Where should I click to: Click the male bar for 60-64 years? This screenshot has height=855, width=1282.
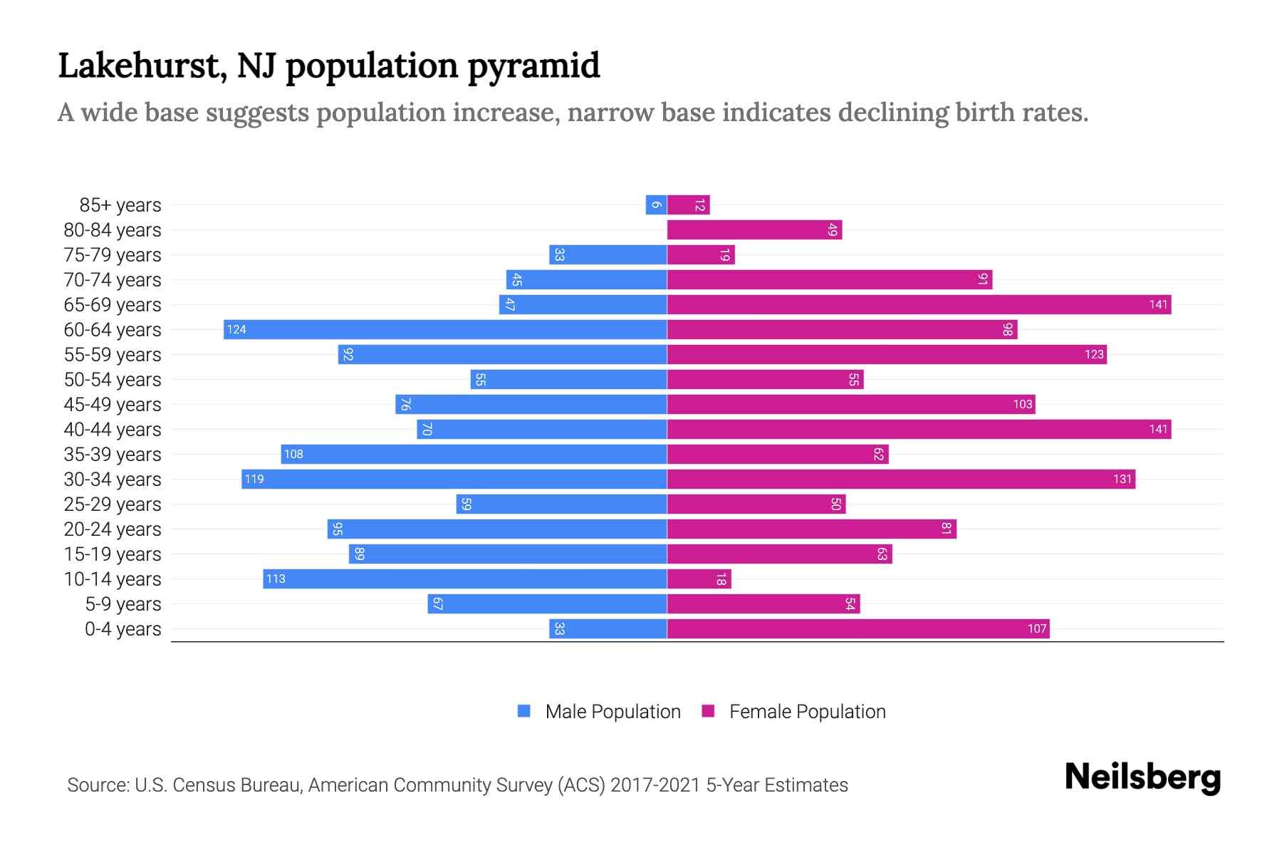(x=445, y=329)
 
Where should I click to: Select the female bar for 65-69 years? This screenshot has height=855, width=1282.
(x=919, y=304)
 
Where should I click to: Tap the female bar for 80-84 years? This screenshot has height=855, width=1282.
(x=754, y=229)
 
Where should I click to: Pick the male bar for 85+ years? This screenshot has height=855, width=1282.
(x=656, y=204)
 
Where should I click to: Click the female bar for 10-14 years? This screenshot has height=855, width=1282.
(x=699, y=579)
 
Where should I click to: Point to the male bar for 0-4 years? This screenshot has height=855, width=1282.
(x=608, y=628)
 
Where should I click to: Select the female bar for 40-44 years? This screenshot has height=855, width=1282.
(x=919, y=429)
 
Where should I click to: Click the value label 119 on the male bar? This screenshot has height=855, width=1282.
(x=254, y=479)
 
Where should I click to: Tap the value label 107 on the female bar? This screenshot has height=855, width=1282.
(x=1037, y=628)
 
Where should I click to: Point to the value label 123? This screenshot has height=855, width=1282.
(x=1094, y=354)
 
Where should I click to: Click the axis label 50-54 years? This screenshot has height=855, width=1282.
(x=113, y=379)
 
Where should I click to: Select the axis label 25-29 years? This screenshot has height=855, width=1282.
(x=113, y=504)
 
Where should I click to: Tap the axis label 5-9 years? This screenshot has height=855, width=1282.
(x=123, y=603)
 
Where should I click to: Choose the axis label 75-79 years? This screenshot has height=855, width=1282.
(x=113, y=254)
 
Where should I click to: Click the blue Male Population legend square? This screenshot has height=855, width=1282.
(x=524, y=711)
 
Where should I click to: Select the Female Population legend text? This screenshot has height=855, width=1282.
(x=807, y=711)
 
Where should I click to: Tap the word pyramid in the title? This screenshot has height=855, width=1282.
(x=534, y=66)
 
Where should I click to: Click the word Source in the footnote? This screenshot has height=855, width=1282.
(x=97, y=784)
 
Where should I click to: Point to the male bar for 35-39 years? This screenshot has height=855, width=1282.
(x=474, y=454)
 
